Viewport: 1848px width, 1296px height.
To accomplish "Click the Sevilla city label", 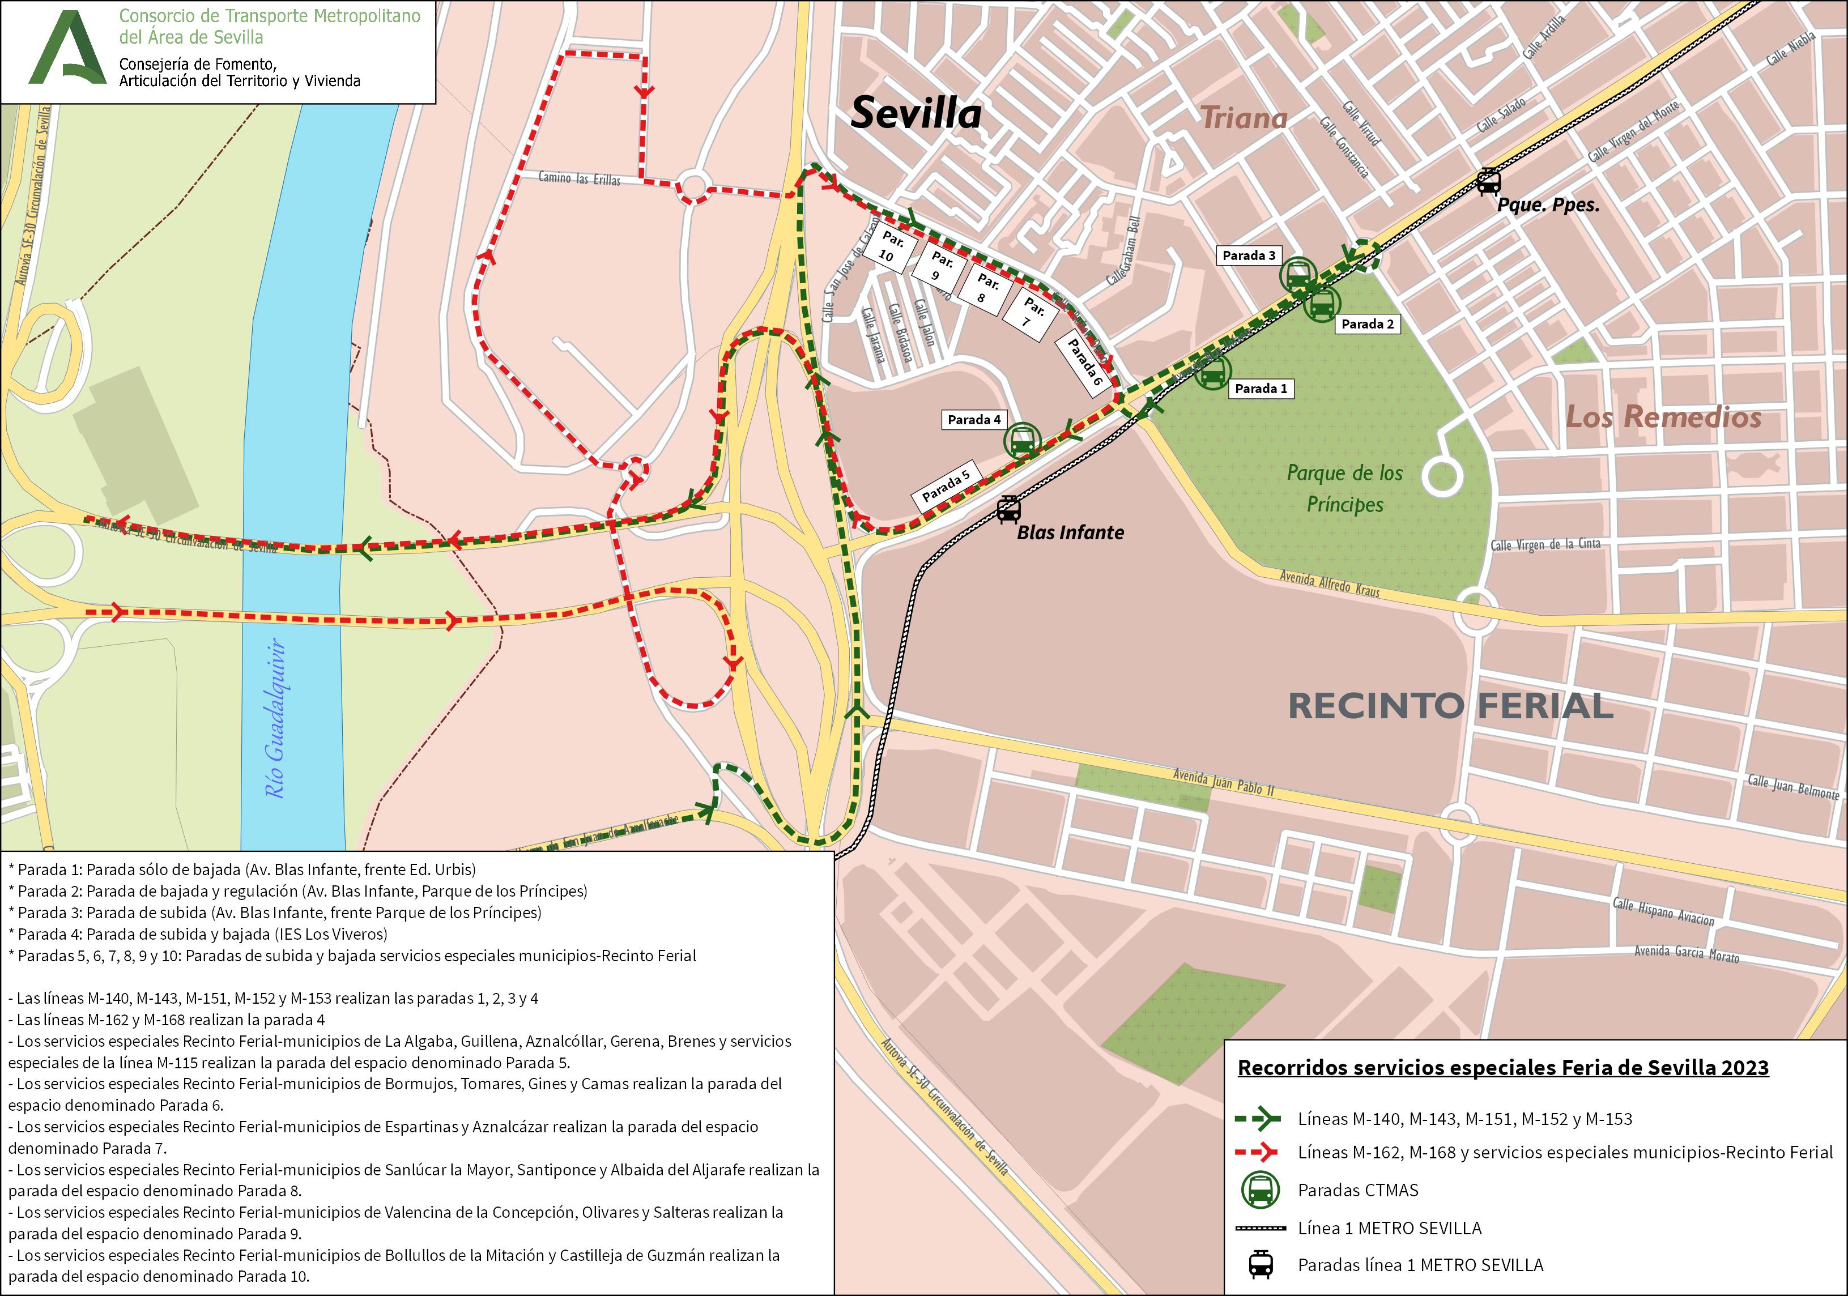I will coord(916,113).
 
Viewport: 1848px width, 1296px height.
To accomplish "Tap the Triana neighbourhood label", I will coord(1244,119).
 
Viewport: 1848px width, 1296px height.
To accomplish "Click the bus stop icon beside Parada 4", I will coord(1022,440).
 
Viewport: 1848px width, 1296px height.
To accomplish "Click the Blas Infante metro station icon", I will coord(1008,510).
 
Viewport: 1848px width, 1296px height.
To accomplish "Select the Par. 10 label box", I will coord(889,247).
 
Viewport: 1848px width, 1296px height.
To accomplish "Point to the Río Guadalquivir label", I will coord(276,718).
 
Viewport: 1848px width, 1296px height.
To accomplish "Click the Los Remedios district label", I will coord(1663,417).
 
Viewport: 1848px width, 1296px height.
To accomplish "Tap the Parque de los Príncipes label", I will coord(1344,489).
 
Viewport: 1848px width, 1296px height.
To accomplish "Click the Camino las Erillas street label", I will coord(579,178).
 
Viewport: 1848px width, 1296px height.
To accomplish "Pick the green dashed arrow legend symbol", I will coord(1257,1118).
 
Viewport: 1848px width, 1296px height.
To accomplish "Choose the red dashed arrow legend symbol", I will coord(1257,1152).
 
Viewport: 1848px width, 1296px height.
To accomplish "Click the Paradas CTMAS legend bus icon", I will coord(1261,1190).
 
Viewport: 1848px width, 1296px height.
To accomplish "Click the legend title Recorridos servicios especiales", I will coord(1503,1067).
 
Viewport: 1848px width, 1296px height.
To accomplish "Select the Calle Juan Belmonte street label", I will coord(1792,786).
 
